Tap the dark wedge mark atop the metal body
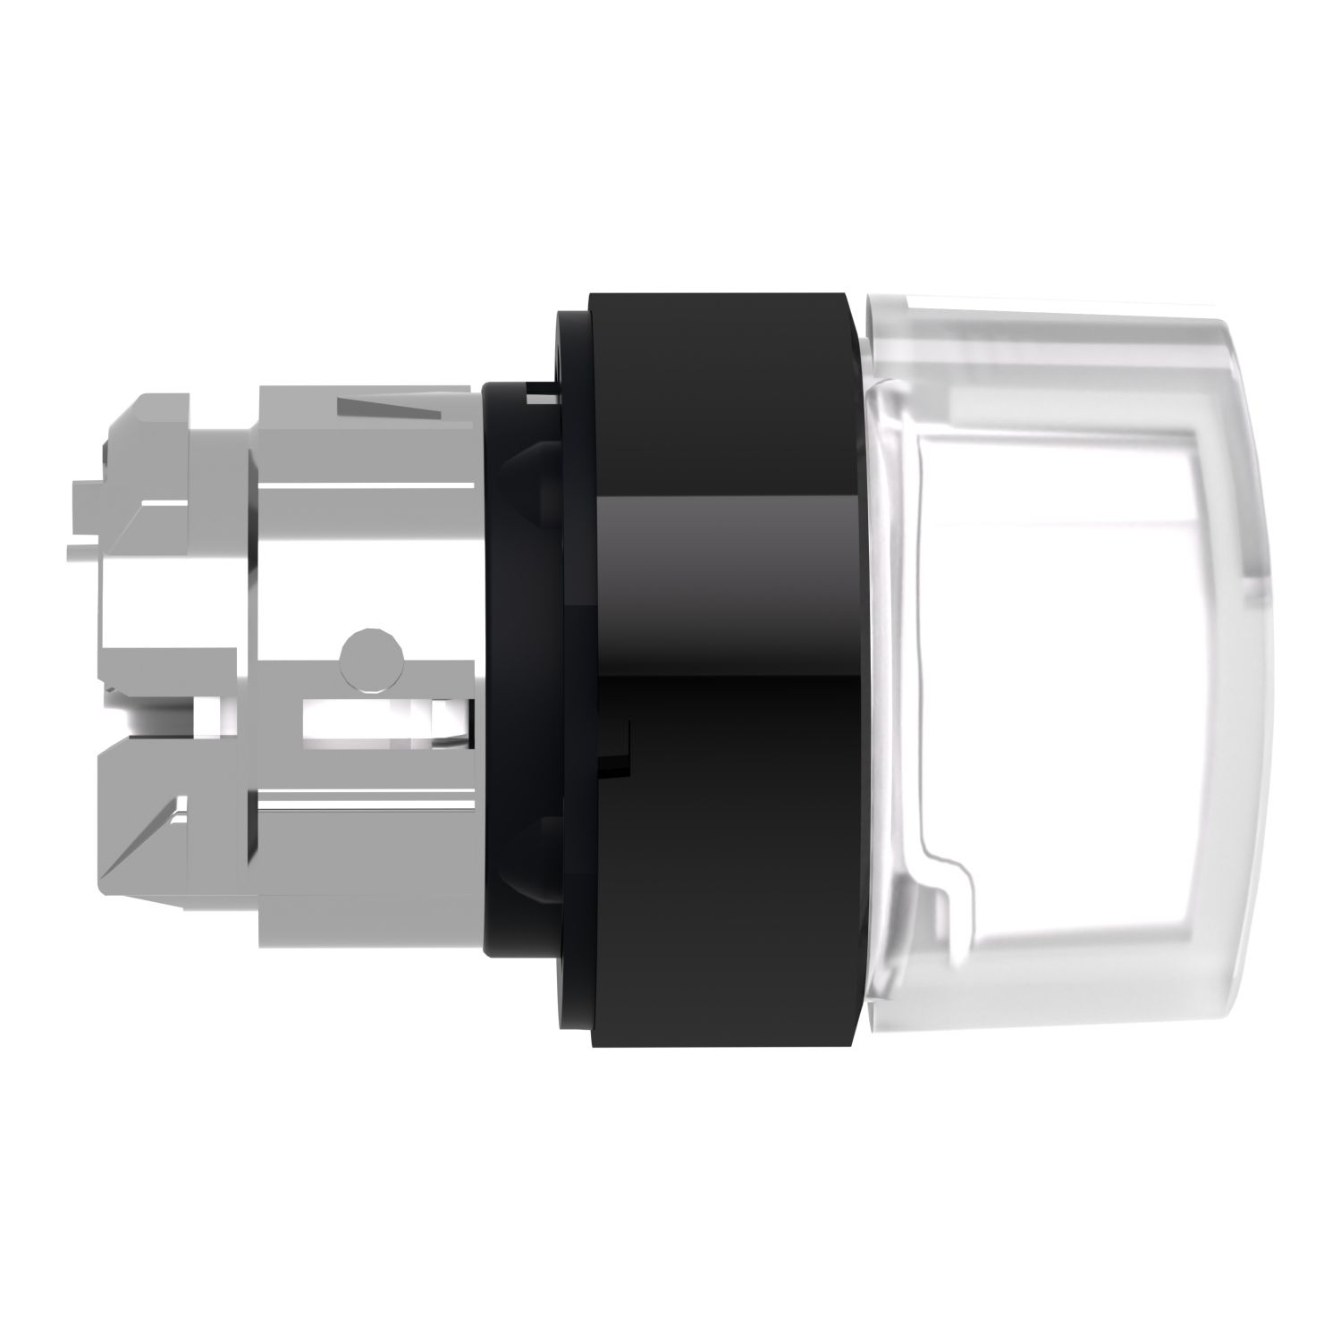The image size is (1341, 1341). (391, 409)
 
